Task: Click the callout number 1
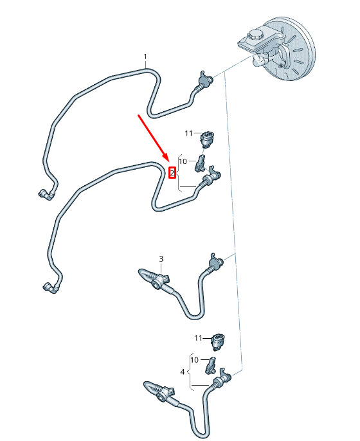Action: point(145,57)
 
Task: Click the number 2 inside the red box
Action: point(172,173)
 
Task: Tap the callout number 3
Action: point(161,258)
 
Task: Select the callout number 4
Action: point(183,372)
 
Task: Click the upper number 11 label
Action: point(188,133)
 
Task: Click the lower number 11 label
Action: point(198,337)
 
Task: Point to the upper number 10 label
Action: point(183,161)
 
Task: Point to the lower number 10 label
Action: point(194,360)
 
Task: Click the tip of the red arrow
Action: point(168,161)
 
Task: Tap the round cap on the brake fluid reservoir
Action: point(255,35)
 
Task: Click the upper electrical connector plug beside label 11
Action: point(207,139)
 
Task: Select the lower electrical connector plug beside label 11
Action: point(219,342)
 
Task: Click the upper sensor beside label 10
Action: point(200,164)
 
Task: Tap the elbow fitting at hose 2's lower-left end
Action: point(50,288)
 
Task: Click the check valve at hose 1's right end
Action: point(204,80)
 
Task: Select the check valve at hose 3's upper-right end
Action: point(216,263)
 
